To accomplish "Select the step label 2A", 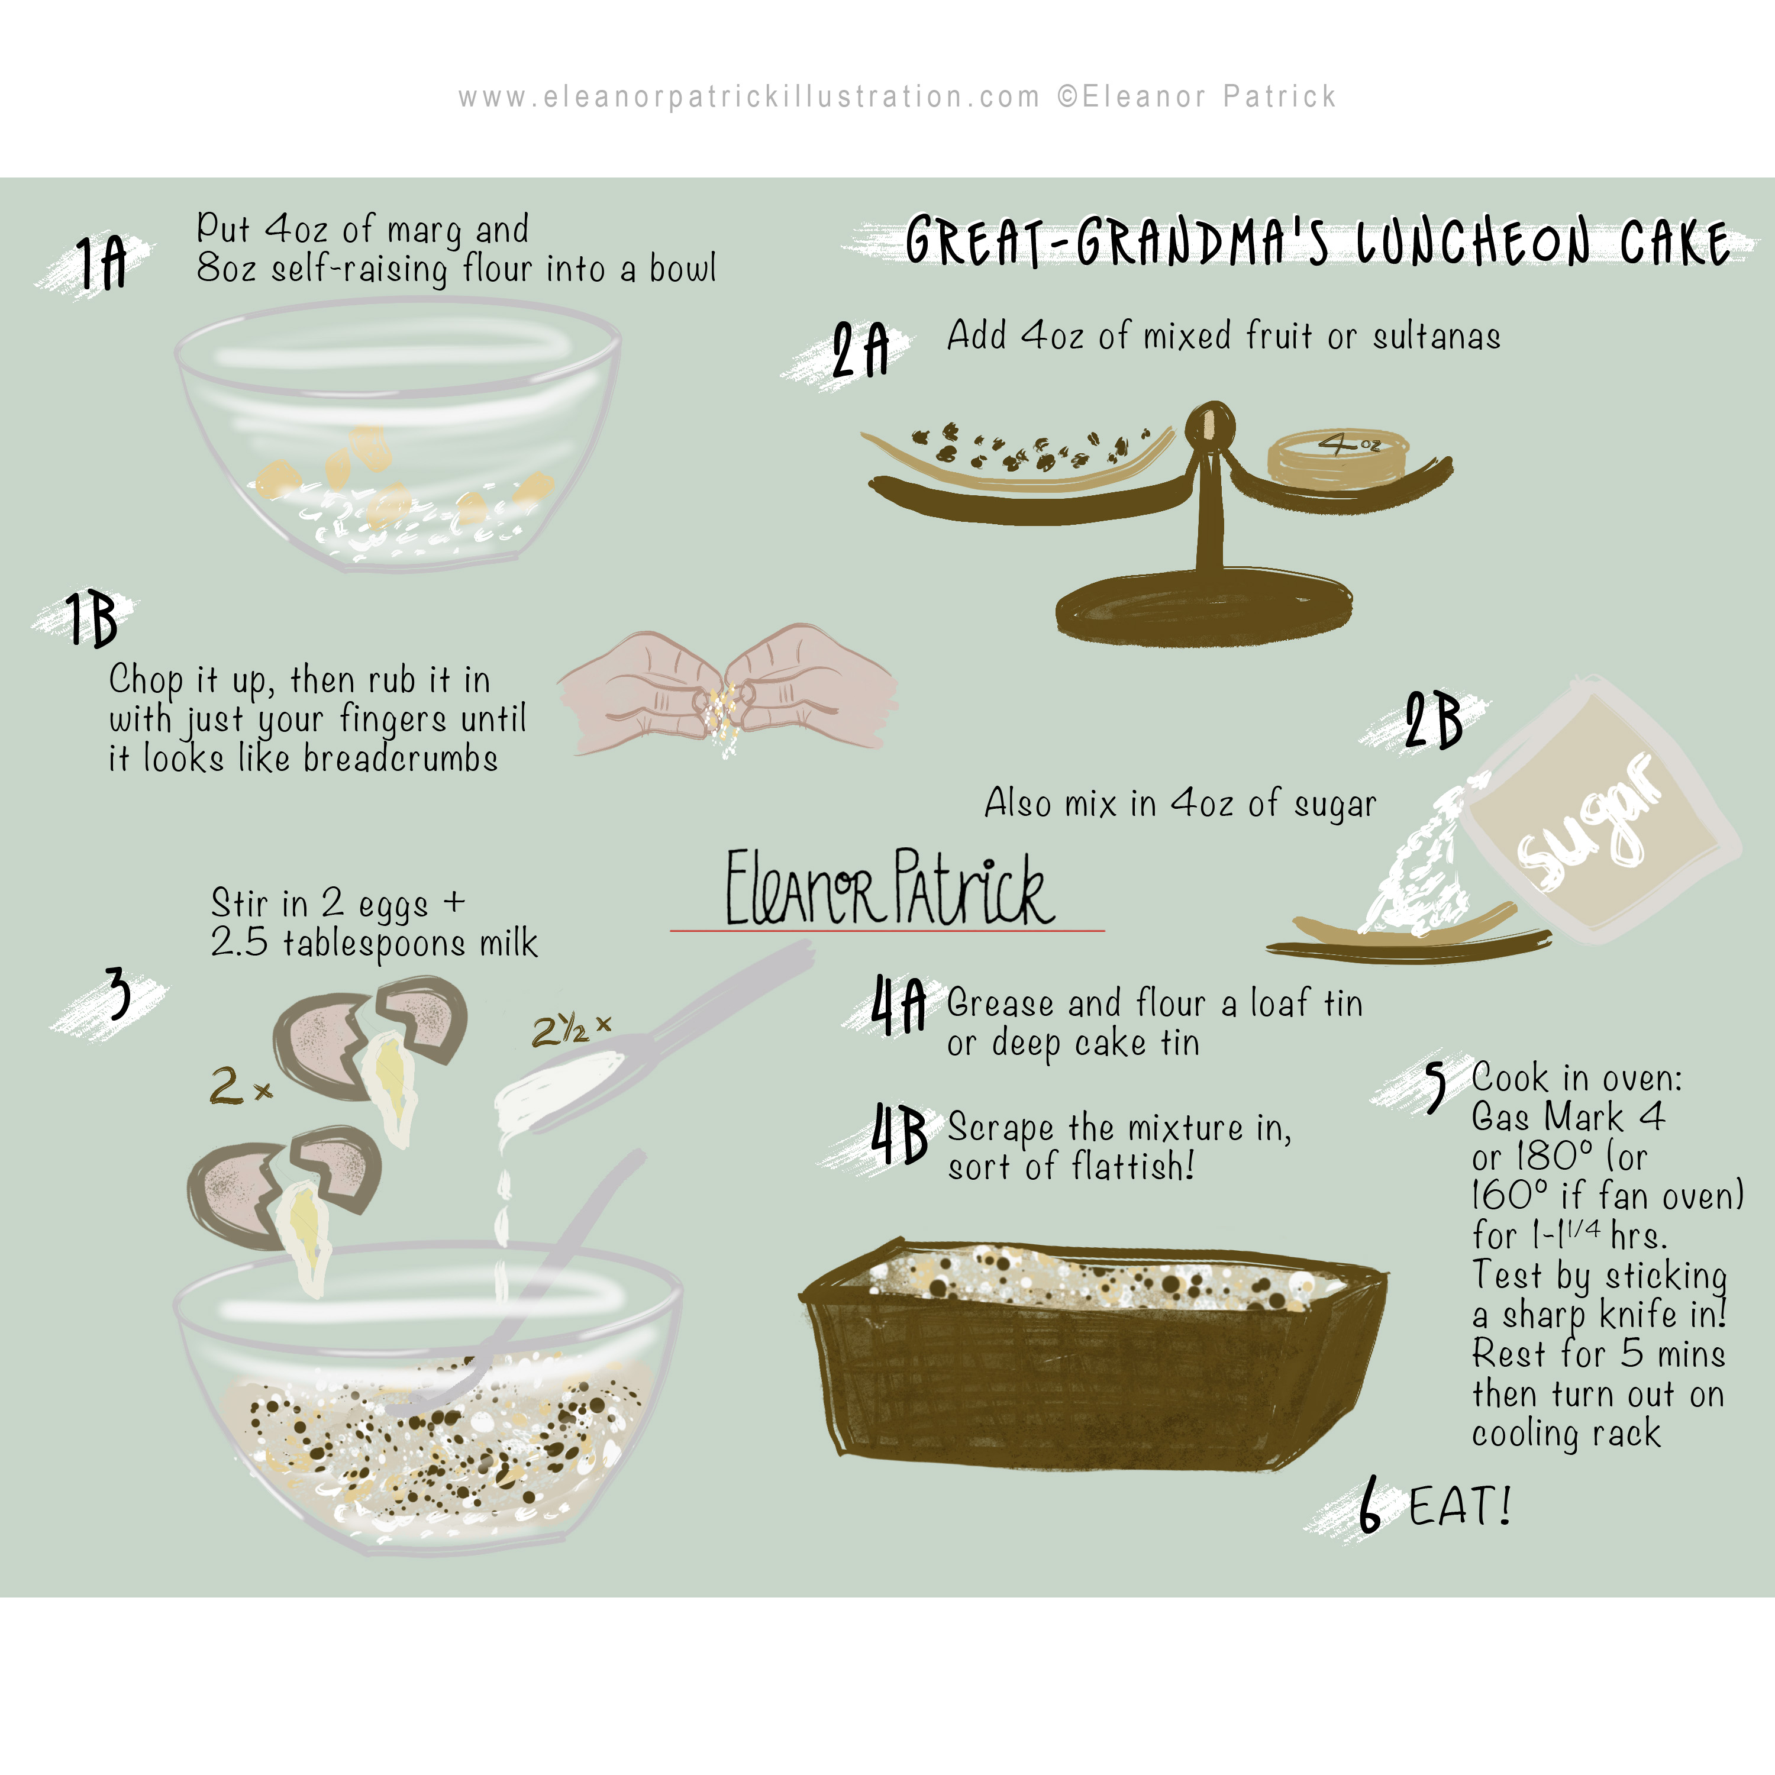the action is (860, 350).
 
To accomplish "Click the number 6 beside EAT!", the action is (1369, 1505).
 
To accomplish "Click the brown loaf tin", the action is (1093, 1351).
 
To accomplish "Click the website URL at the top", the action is (749, 96).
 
